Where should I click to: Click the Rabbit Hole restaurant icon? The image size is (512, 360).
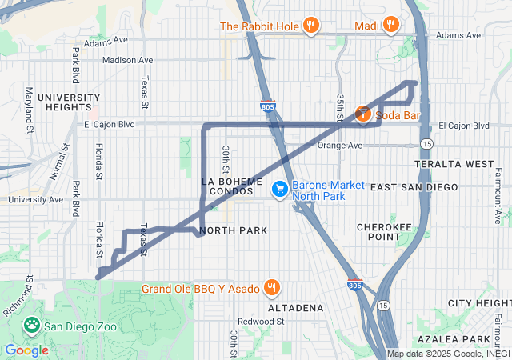click(311, 26)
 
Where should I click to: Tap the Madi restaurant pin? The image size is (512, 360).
click(390, 26)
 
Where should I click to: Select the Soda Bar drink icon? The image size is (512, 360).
click(363, 115)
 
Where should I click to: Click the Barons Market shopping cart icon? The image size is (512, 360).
click(280, 190)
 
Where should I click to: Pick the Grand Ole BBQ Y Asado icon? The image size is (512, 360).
click(272, 289)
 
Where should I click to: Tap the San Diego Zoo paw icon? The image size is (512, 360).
click(32, 326)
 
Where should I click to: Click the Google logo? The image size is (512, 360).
click(26, 350)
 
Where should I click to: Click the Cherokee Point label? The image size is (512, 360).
click(385, 231)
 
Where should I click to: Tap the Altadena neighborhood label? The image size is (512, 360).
click(296, 307)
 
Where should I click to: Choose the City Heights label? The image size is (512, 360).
click(479, 303)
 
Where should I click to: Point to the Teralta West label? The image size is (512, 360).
click(454, 164)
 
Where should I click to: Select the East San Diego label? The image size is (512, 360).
click(414, 186)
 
